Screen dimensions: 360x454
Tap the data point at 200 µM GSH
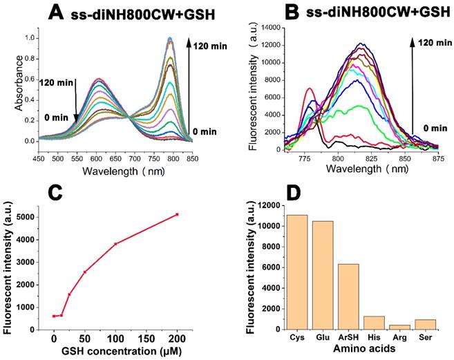coord(178,214)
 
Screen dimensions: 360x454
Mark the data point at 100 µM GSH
coord(115,244)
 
